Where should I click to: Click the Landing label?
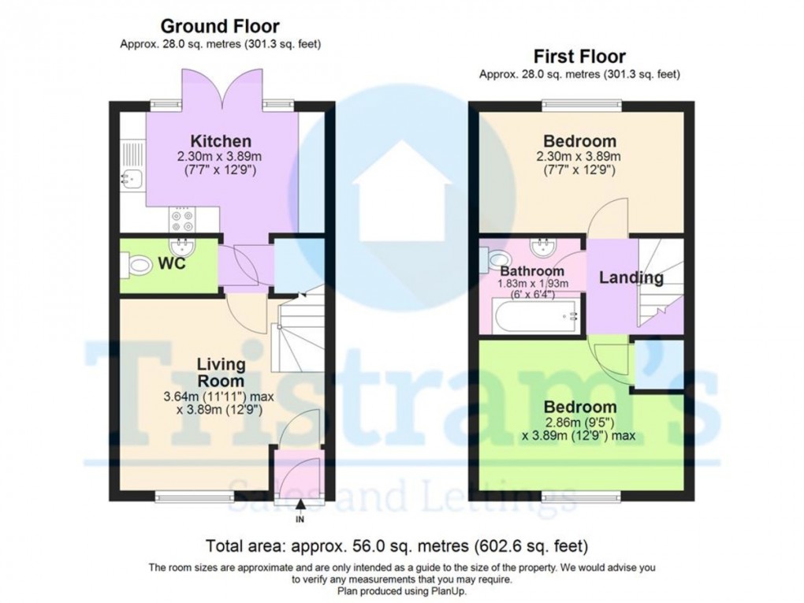coord(631,277)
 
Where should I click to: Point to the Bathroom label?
coord(534,271)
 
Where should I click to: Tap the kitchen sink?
coord(128,180)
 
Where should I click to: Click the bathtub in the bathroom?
coord(536,317)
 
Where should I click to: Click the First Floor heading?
coord(579,57)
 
